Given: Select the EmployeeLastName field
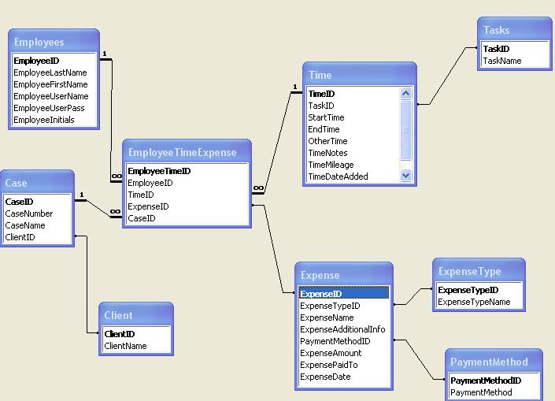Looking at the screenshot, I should [x=50, y=72].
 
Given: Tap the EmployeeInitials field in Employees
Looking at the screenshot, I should [x=44, y=120].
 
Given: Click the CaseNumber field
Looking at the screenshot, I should [x=29, y=213].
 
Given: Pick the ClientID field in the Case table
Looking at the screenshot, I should [x=20, y=237].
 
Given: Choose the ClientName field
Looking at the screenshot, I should [x=125, y=346].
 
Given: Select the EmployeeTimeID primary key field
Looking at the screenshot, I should [x=159, y=171].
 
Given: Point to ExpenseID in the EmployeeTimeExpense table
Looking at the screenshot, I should [x=148, y=206].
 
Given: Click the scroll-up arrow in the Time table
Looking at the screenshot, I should [x=405, y=94].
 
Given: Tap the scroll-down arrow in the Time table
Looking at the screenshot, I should [x=405, y=176].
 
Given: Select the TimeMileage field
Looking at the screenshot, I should [x=331, y=165].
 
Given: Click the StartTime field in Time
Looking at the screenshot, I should [x=326, y=117].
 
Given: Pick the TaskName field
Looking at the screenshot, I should [x=501, y=61].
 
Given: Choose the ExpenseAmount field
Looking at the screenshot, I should [x=331, y=353].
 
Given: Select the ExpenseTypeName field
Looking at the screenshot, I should [x=474, y=302].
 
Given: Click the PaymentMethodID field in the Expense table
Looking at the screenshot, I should [x=335, y=341].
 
